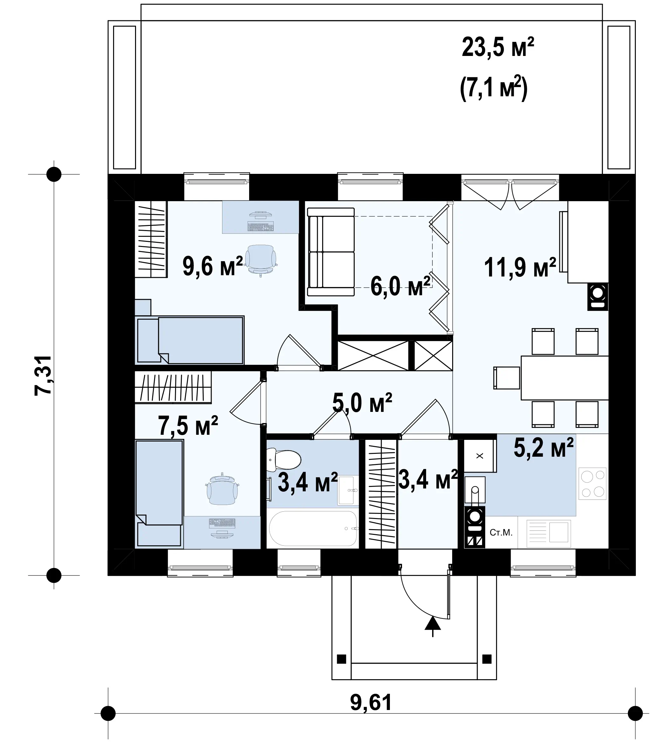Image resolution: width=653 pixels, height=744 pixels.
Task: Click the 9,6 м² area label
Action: [213, 266]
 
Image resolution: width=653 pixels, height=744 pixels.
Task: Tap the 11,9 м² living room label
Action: [520, 268]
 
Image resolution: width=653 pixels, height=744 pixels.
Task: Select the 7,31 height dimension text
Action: [43, 375]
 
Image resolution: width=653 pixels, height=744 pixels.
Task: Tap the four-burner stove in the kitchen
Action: [593, 483]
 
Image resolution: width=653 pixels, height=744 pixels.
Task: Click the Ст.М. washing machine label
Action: [501, 533]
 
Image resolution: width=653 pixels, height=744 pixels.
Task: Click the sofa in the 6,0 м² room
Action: [330, 252]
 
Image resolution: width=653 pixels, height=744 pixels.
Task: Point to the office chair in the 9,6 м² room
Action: [261, 260]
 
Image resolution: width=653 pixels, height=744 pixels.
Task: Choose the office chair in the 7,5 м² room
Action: [222, 489]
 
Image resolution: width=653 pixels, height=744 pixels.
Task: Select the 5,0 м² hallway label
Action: [362, 403]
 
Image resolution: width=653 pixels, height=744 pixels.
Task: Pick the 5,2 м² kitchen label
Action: [544, 447]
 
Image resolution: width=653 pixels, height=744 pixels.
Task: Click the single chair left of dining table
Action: [506, 378]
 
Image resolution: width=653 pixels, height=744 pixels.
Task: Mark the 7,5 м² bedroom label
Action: [188, 426]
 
